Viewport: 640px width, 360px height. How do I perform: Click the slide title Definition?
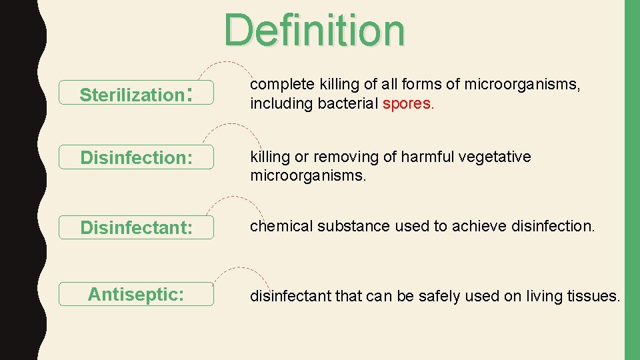tap(315, 31)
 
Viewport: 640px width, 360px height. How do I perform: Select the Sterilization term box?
tap(137, 94)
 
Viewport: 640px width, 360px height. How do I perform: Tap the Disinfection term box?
tap(137, 157)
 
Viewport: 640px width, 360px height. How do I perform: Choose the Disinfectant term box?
tap(137, 227)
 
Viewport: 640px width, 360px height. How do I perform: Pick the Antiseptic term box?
tap(137, 294)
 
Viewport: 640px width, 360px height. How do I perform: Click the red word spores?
tap(408, 104)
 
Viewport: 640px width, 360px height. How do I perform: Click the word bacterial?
tap(346, 104)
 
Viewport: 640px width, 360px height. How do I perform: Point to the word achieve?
tap(479, 226)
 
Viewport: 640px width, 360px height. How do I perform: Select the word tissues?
tap(593, 296)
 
